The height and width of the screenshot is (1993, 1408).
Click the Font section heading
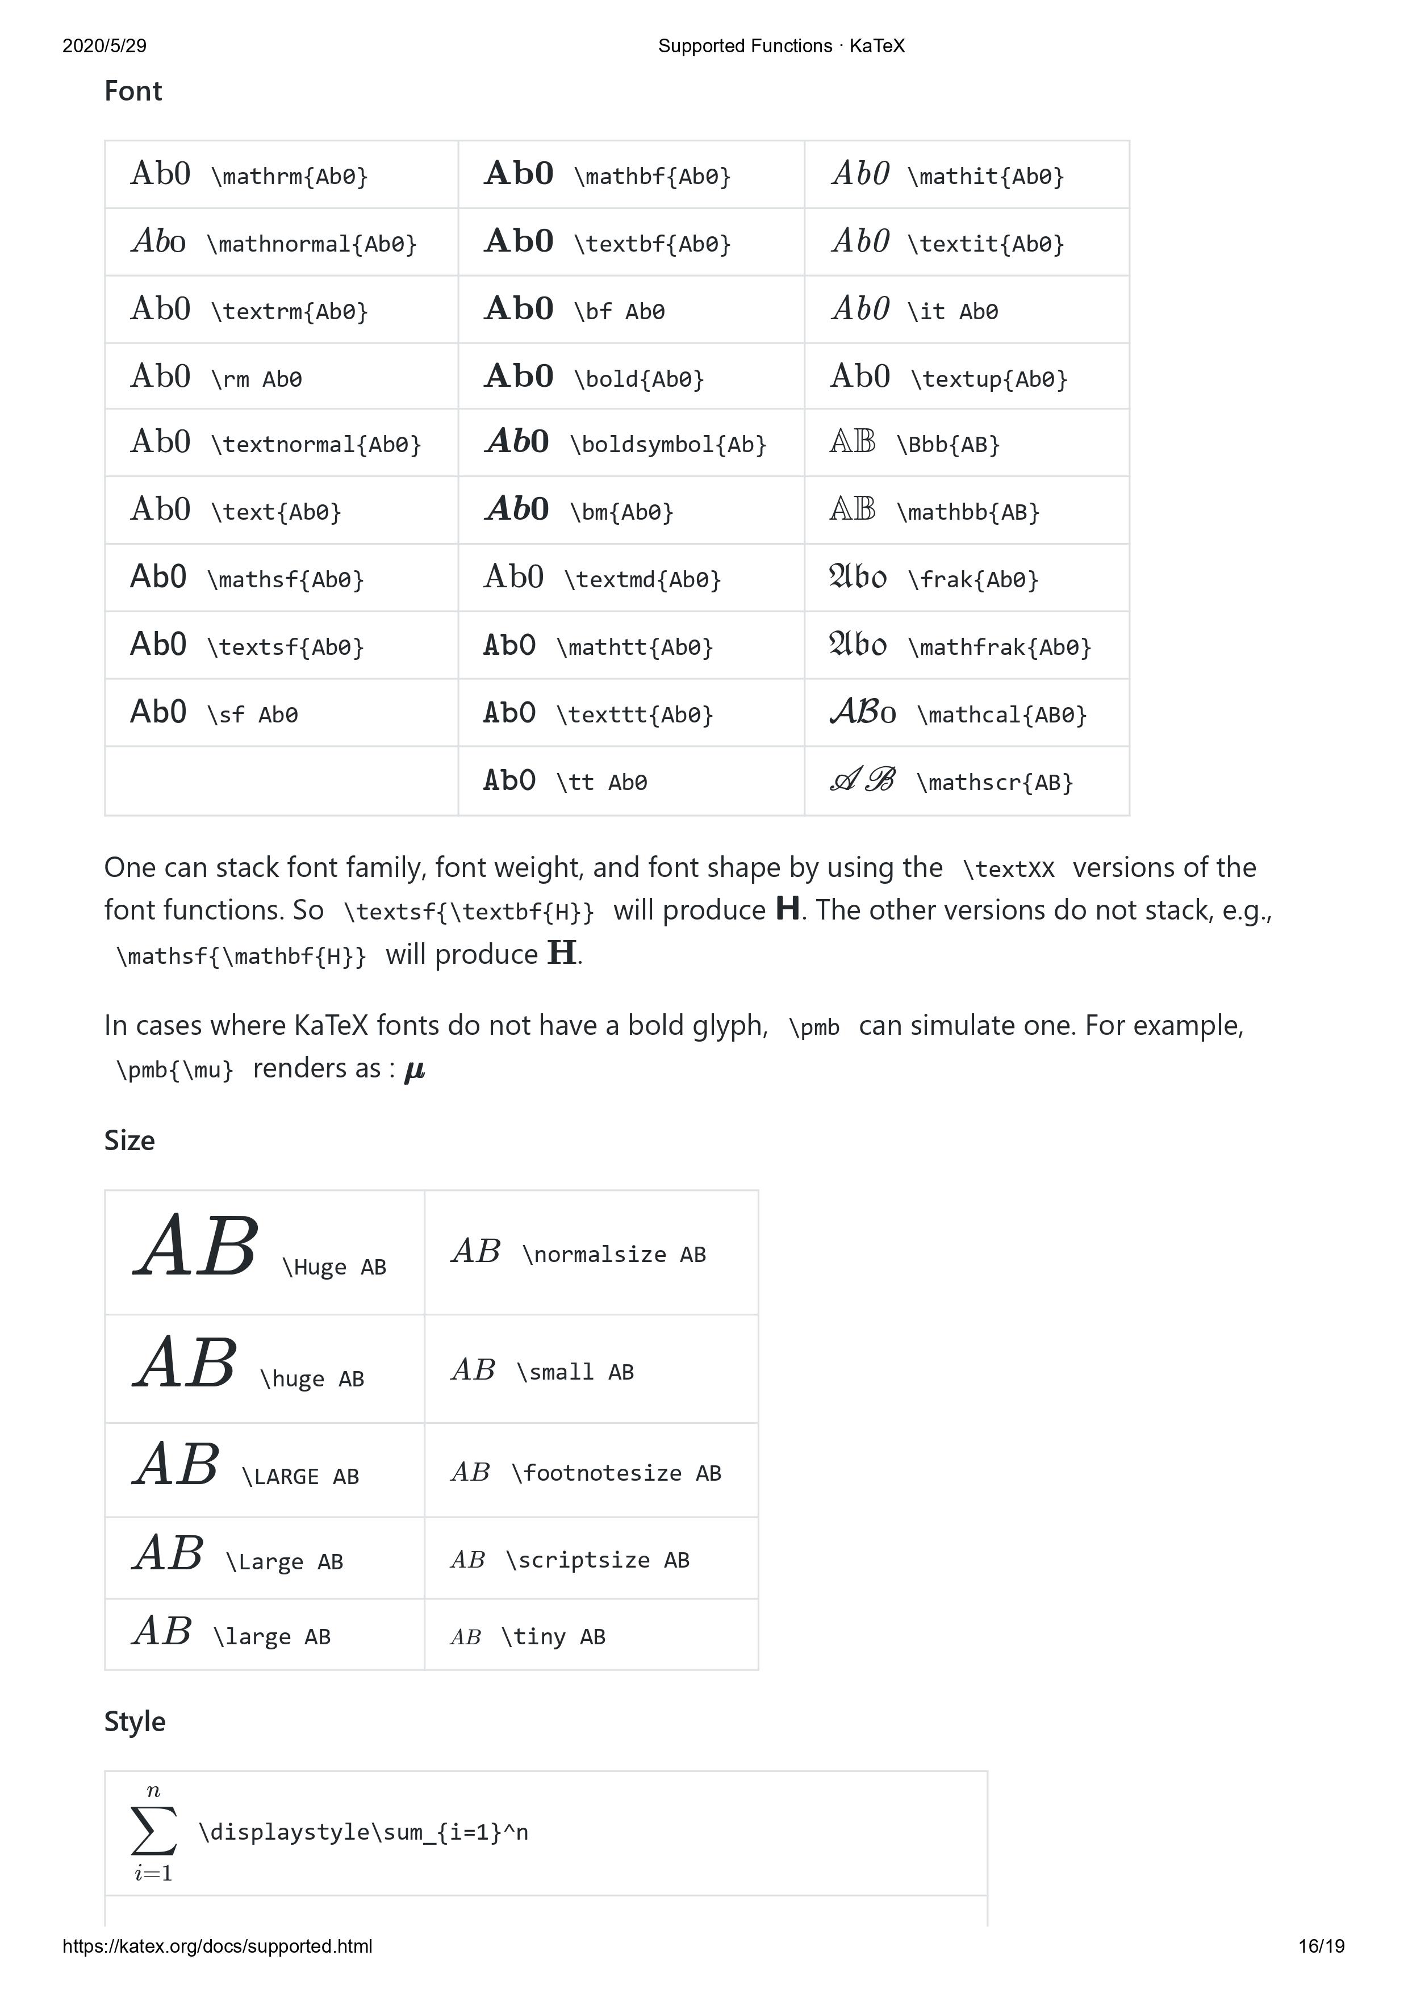tap(133, 91)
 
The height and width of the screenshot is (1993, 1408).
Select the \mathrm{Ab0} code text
tap(289, 176)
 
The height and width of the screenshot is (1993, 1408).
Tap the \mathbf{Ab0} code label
tap(652, 176)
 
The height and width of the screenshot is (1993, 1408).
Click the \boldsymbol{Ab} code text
tap(667, 444)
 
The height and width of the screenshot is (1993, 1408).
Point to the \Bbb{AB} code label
tap(948, 444)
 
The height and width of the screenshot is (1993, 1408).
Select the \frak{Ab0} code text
tap(972, 579)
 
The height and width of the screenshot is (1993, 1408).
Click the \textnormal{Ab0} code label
tap(316, 444)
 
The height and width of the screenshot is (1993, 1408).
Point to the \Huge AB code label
tap(334, 1267)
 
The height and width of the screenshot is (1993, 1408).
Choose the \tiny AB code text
tap(553, 1636)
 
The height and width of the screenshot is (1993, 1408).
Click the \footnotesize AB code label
tap(616, 1473)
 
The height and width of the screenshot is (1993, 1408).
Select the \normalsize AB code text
tap(614, 1254)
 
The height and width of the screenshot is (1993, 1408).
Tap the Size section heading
tap(129, 1140)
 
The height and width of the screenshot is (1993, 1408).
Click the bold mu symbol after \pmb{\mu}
tap(415, 1070)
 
